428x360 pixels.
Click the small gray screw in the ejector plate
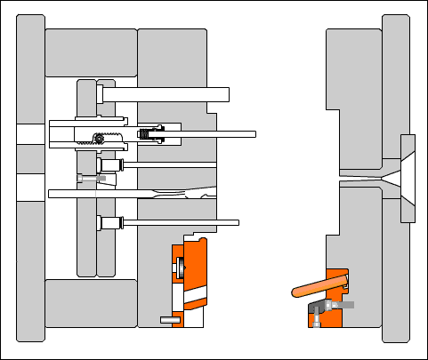point(90,178)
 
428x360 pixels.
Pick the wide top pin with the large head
point(165,94)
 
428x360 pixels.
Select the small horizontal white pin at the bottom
point(170,319)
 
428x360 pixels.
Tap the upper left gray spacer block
point(90,52)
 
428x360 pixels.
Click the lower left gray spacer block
point(90,302)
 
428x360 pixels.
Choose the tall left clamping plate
point(30,178)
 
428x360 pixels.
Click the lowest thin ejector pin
point(178,222)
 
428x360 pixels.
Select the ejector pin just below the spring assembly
point(169,165)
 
